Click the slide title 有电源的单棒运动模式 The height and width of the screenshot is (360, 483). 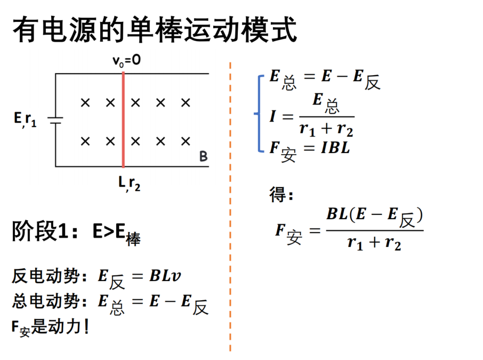coord(155,30)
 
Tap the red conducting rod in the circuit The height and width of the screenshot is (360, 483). coord(123,119)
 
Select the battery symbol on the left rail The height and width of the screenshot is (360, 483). coord(55,120)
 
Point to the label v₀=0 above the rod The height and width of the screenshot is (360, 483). coord(126,60)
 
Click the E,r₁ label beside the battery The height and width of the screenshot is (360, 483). coord(25,119)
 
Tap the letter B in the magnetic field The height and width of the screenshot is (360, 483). coord(203,156)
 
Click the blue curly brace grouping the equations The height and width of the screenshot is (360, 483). coord(259,114)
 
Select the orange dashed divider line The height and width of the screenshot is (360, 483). coord(230,206)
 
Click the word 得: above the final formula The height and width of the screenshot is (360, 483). coord(281,195)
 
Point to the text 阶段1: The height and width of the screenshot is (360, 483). coord(44,231)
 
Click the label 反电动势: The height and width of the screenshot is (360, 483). coord(49,276)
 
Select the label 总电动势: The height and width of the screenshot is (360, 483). coord(49,301)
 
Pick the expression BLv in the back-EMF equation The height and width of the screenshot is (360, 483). coord(165,276)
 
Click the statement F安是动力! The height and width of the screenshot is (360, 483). coord(50,327)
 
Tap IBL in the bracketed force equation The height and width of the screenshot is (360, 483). coord(335,148)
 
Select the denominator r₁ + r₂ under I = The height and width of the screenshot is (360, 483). coord(326,129)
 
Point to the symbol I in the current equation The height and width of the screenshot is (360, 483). coord(272,116)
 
